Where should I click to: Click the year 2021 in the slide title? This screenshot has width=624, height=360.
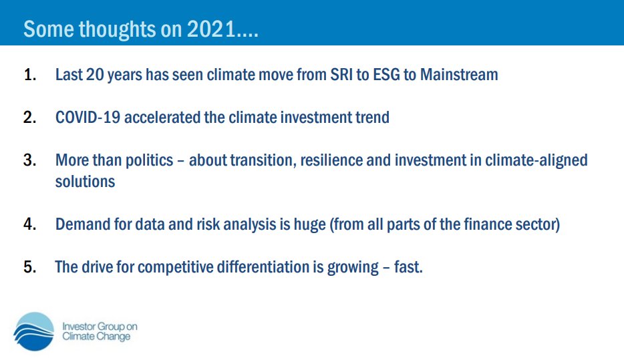[x=211, y=29]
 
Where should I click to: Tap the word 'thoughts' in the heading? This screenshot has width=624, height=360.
[x=118, y=30]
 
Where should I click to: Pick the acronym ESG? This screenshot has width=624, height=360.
[x=386, y=75]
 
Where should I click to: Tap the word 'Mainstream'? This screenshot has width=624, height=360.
[x=459, y=75]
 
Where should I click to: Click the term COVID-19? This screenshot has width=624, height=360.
[x=88, y=118]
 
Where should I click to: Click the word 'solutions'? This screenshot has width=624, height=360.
[x=85, y=182]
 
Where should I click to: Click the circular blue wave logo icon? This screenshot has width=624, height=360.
[x=33, y=331]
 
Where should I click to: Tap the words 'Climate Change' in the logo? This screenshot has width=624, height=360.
[x=96, y=337]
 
